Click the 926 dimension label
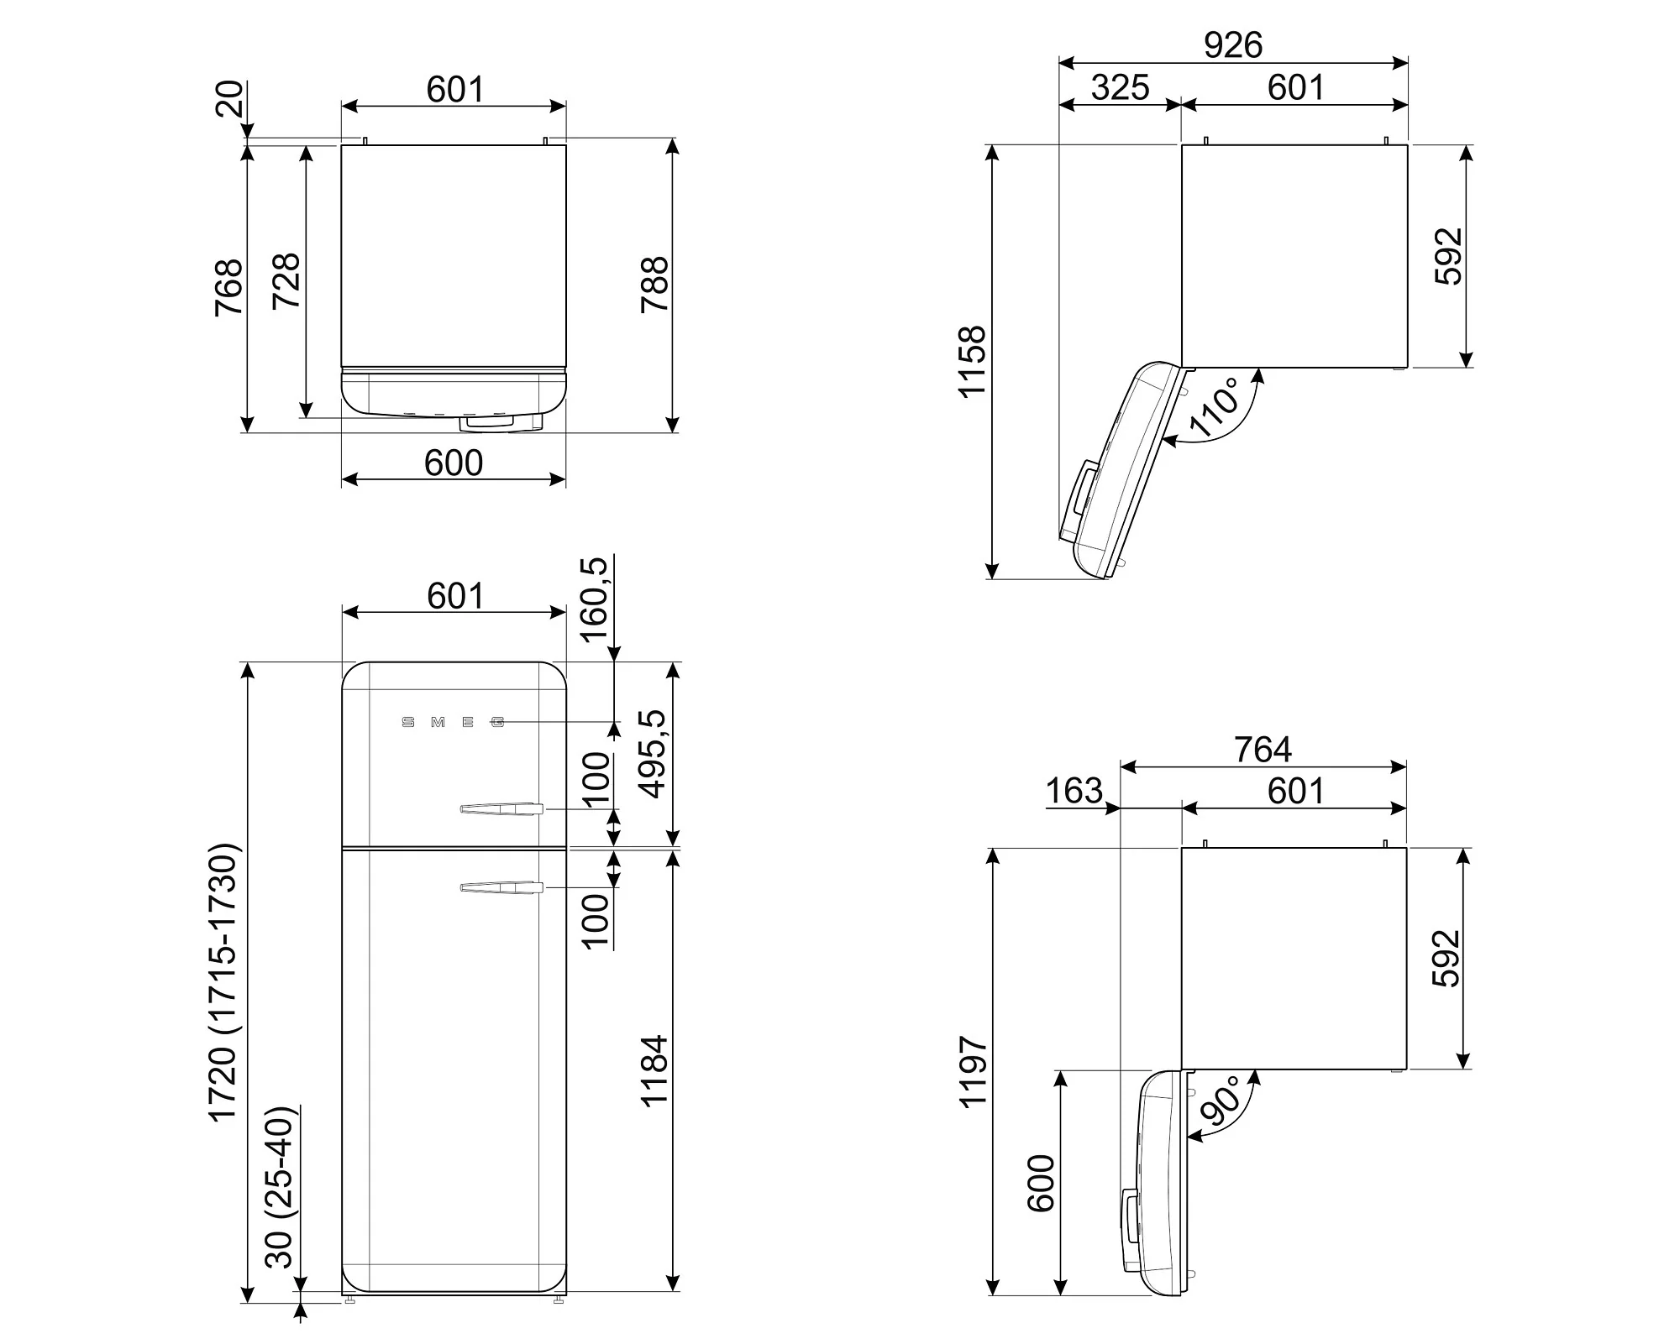coord(1233,44)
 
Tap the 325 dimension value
coord(1121,87)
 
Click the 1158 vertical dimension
coord(972,361)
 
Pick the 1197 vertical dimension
coord(972,1071)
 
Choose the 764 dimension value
coord(1263,749)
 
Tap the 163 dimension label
coord(1074,791)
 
